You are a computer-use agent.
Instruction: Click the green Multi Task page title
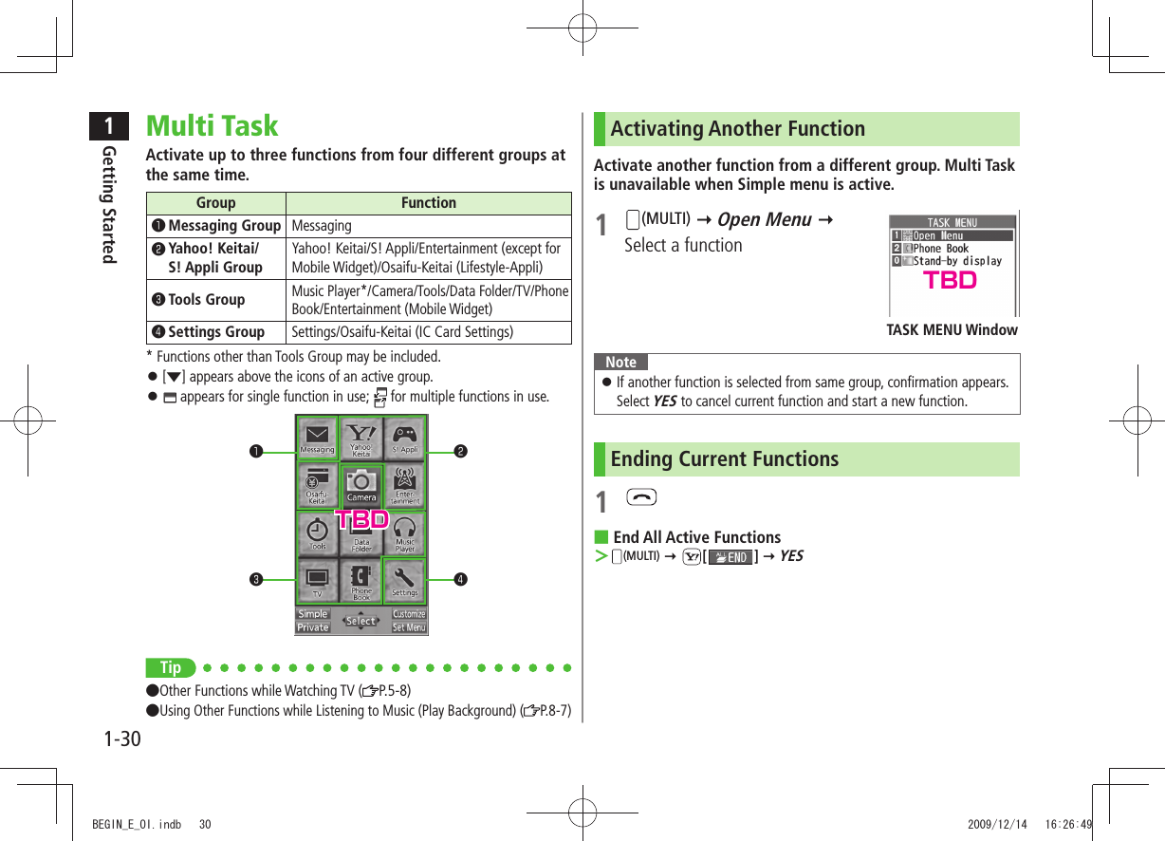click(x=212, y=126)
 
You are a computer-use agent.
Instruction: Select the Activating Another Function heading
click(x=737, y=129)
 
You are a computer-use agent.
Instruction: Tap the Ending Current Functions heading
click(x=724, y=459)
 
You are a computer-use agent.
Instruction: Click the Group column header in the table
click(x=215, y=203)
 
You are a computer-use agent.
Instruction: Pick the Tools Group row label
click(x=206, y=300)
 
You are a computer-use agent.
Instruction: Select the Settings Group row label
click(x=215, y=332)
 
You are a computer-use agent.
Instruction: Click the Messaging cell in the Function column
click(x=321, y=226)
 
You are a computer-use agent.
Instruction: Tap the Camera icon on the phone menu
click(x=361, y=485)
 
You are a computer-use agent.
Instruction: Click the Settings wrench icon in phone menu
click(x=405, y=578)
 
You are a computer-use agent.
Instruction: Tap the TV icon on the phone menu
click(x=317, y=578)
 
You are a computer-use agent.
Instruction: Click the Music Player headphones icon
click(x=405, y=532)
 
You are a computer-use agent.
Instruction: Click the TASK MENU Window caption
click(x=952, y=330)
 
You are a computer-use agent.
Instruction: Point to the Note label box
click(x=620, y=363)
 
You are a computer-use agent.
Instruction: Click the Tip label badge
click(x=170, y=667)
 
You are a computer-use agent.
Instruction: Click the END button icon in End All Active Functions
click(x=730, y=557)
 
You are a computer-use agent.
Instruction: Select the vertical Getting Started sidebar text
click(x=110, y=204)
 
